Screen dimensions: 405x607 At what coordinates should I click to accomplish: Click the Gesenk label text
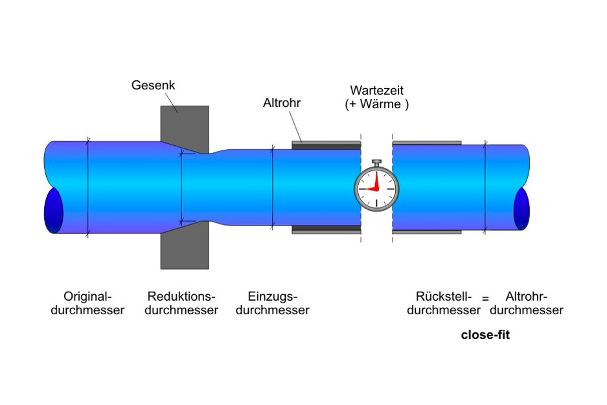point(153,86)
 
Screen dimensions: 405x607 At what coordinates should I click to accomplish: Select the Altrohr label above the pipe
point(282,103)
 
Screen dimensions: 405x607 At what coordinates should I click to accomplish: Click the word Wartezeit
point(377,91)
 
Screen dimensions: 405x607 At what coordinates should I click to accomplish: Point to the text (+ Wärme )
point(377,104)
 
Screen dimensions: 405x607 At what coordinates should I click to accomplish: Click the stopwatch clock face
point(376,189)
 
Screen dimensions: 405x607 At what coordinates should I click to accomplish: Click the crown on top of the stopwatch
point(376,162)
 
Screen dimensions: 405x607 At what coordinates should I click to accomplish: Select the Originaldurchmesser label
point(87,303)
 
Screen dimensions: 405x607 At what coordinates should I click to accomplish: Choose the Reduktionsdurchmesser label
point(181,303)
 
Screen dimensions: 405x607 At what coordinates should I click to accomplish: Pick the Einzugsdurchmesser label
point(272,303)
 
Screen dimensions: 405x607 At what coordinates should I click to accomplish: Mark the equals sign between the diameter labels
point(485,299)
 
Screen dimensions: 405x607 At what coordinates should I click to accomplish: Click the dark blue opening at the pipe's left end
point(53,211)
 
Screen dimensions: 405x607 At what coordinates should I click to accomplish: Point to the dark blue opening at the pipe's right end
point(521,208)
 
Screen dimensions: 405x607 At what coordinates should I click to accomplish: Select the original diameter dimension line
point(87,188)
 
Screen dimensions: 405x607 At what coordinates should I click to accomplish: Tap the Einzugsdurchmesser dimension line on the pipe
point(273,188)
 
